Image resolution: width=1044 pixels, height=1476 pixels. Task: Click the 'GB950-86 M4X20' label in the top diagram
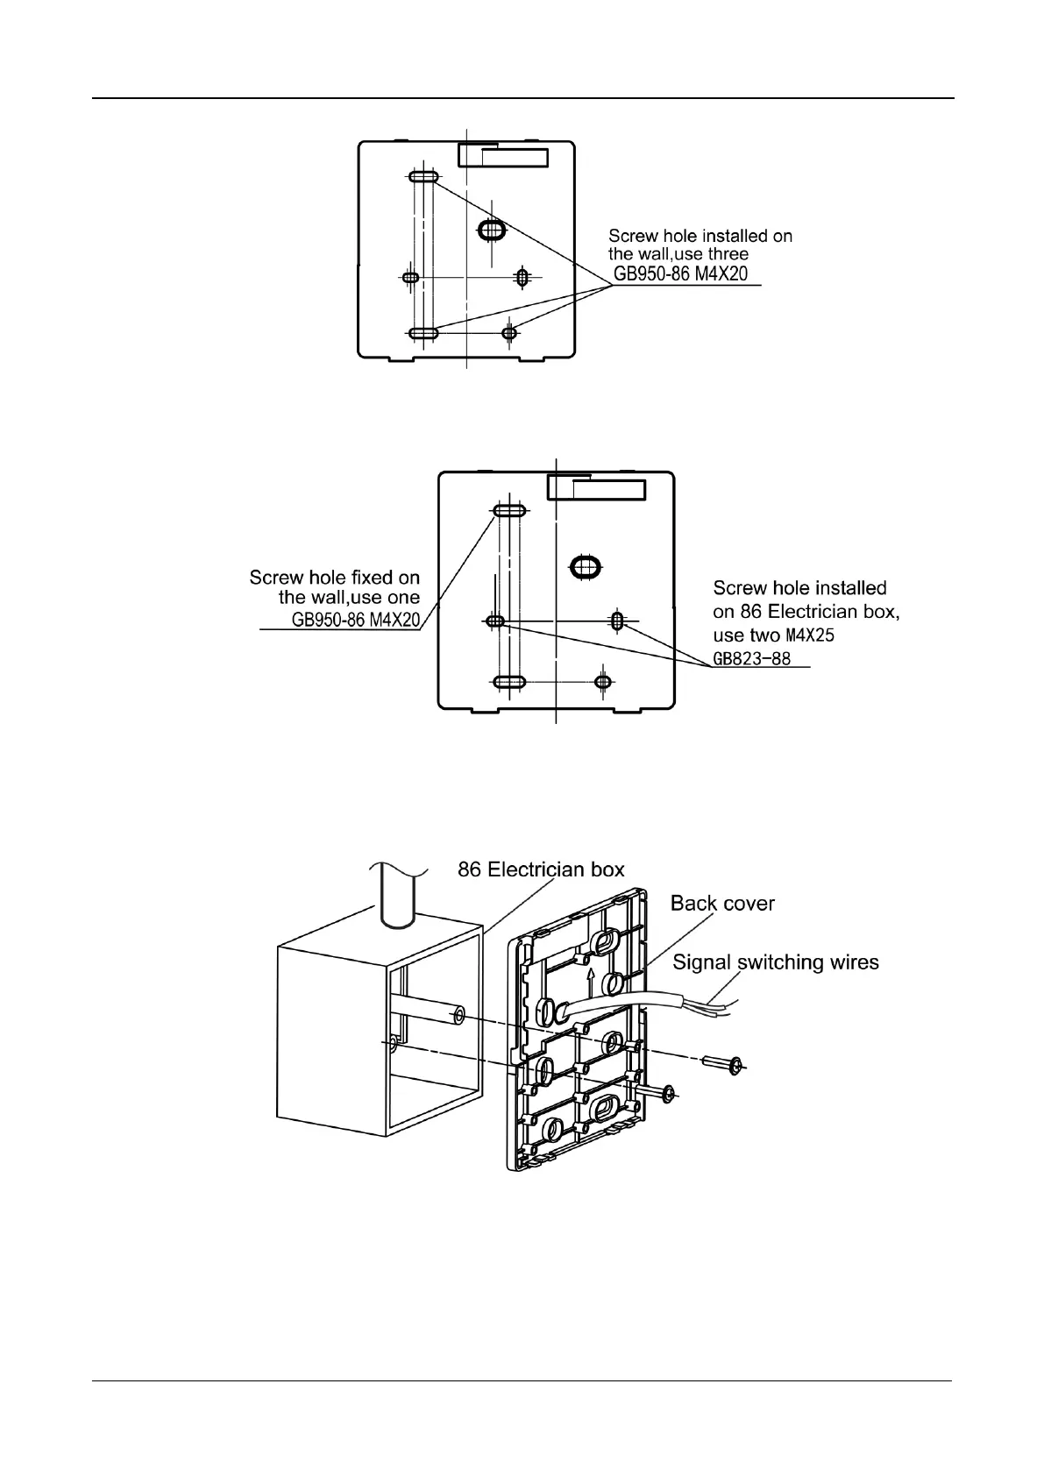[680, 273]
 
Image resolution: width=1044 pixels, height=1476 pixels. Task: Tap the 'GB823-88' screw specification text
[752, 658]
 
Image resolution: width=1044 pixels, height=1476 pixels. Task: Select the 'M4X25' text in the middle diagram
[808, 635]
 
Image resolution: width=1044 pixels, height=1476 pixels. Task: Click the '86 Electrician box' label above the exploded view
[542, 869]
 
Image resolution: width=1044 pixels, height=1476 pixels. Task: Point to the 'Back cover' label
[722, 903]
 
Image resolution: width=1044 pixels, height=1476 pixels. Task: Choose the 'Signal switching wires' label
[775, 962]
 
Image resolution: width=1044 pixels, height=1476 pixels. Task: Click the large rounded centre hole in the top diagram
[491, 231]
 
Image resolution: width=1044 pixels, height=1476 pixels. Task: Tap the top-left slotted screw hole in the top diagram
[423, 177]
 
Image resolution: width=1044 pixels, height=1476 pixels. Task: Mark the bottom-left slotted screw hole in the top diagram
[423, 333]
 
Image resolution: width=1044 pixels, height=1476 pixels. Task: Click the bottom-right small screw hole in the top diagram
[509, 332]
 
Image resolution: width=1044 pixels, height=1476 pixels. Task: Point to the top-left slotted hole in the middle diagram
[509, 511]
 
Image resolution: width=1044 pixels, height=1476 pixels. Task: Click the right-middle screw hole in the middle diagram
[618, 621]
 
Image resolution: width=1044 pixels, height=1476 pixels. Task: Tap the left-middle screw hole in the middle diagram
[495, 621]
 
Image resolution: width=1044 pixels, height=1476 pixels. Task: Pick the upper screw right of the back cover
[723, 1065]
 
